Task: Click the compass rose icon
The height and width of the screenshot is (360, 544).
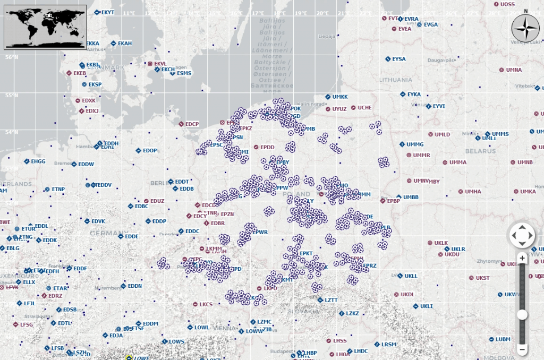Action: coord(525,28)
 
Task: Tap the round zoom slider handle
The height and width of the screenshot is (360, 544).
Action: coord(522,315)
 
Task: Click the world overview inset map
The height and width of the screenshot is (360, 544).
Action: coord(45,27)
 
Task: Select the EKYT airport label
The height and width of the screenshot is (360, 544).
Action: coord(107,12)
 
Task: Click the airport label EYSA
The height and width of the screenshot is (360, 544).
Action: coord(398,59)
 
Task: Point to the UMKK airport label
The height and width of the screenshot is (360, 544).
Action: coord(339,97)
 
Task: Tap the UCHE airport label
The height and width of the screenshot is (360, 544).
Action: coord(364,108)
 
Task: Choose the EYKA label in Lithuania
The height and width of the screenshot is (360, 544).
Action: coord(414,95)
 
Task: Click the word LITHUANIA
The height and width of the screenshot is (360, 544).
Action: coord(396,80)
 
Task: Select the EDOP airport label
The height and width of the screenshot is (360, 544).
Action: coord(150,151)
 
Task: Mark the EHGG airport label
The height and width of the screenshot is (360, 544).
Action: coord(38,161)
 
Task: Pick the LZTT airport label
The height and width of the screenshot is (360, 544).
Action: coord(330,300)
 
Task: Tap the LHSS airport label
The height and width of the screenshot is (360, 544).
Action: coord(340,340)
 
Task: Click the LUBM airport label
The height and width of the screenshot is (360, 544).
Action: coord(503,339)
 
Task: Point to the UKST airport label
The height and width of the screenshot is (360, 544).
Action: coord(482,278)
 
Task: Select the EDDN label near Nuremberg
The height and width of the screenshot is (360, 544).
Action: coord(134,286)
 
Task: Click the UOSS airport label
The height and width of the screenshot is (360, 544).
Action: coord(507,4)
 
